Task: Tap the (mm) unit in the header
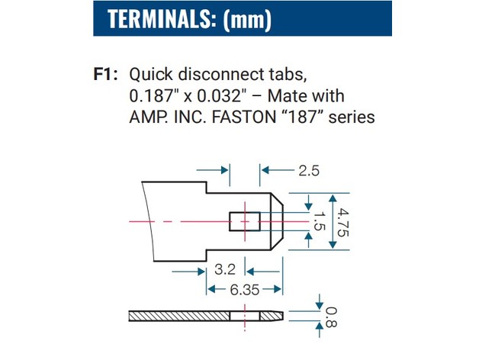point(247,20)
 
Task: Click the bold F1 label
point(105,74)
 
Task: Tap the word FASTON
point(244,117)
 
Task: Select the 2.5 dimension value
point(309,171)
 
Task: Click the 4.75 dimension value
point(342,223)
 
